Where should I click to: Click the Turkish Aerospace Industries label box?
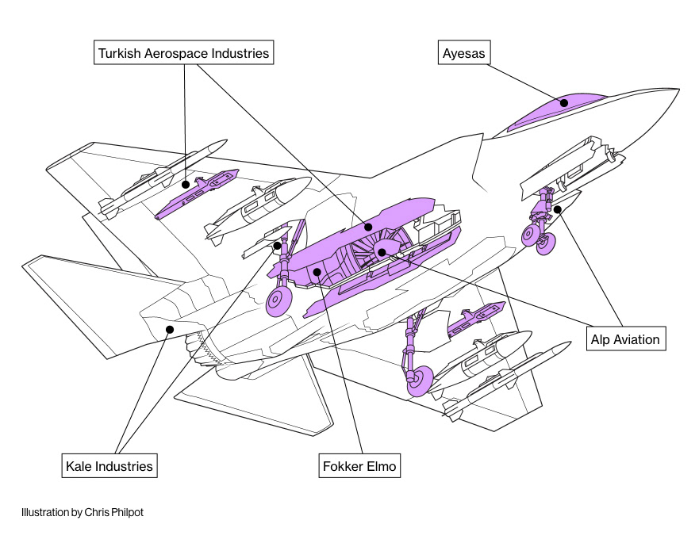[x=183, y=54]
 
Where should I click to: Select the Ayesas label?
[x=463, y=54]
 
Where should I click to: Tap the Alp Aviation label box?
[x=625, y=339]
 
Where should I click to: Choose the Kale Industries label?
[x=109, y=465]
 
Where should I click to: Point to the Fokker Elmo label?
[x=359, y=465]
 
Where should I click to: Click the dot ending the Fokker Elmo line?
[x=317, y=273]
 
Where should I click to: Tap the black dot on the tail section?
[x=169, y=329]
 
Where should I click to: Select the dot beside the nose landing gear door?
[x=558, y=209]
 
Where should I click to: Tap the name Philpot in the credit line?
[x=127, y=513]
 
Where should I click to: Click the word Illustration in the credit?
[x=44, y=513]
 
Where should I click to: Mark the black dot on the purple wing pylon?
[x=185, y=184]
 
